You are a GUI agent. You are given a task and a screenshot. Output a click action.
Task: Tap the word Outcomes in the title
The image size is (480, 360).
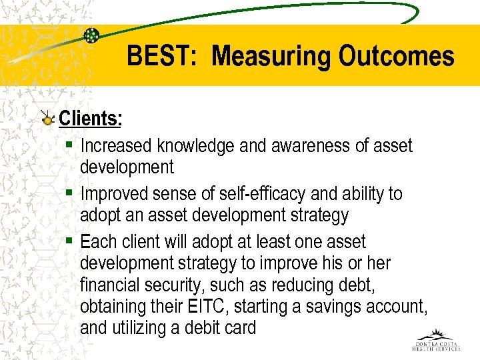pyautogui.click(x=397, y=57)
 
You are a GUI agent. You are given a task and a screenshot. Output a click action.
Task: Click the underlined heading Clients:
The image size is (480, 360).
pyautogui.click(x=91, y=119)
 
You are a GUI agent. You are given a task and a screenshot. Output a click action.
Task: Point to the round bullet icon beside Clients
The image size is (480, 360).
pyautogui.click(x=47, y=119)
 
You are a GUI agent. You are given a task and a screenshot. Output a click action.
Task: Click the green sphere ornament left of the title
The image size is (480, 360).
pyautogui.click(x=91, y=35)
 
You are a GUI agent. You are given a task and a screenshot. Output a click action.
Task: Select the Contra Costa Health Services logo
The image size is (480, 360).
pyautogui.click(x=436, y=340)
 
